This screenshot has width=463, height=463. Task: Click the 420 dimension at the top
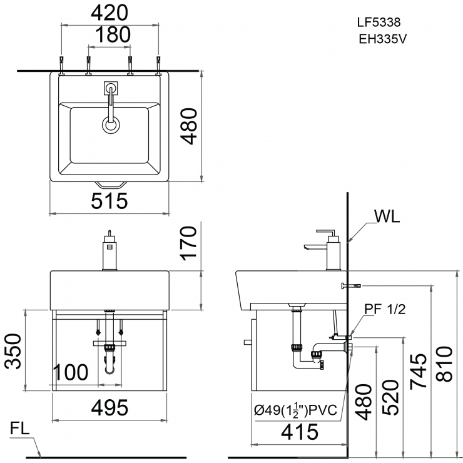click(109, 13)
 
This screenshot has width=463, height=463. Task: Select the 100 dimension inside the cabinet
click(70, 372)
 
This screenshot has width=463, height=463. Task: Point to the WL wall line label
click(387, 216)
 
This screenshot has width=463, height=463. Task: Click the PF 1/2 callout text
click(385, 309)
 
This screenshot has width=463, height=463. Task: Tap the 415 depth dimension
click(297, 431)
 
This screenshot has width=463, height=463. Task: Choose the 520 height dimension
click(391, 398)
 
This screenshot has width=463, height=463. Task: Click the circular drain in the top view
click(111, 125)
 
